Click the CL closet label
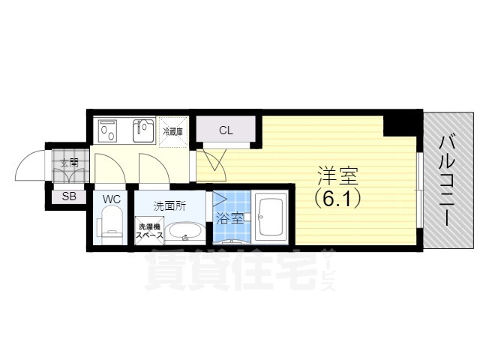[x=226, y=130]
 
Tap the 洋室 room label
[x=337, y=176]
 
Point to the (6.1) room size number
[x=337, y=199]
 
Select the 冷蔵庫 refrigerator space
[x=173, y=132]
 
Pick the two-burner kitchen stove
[x=108, y=130]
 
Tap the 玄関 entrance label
[x=69, y=163]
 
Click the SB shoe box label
[x=69, y=196]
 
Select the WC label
[x=112, y=199]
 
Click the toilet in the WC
[x=110, y=225]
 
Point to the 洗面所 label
[x=169, y=206]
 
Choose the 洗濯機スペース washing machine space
[x=149, y=231]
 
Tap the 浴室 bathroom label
[x=230, y=218]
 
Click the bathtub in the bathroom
[x=270, y=217]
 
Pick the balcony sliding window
[x=420, y=190]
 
